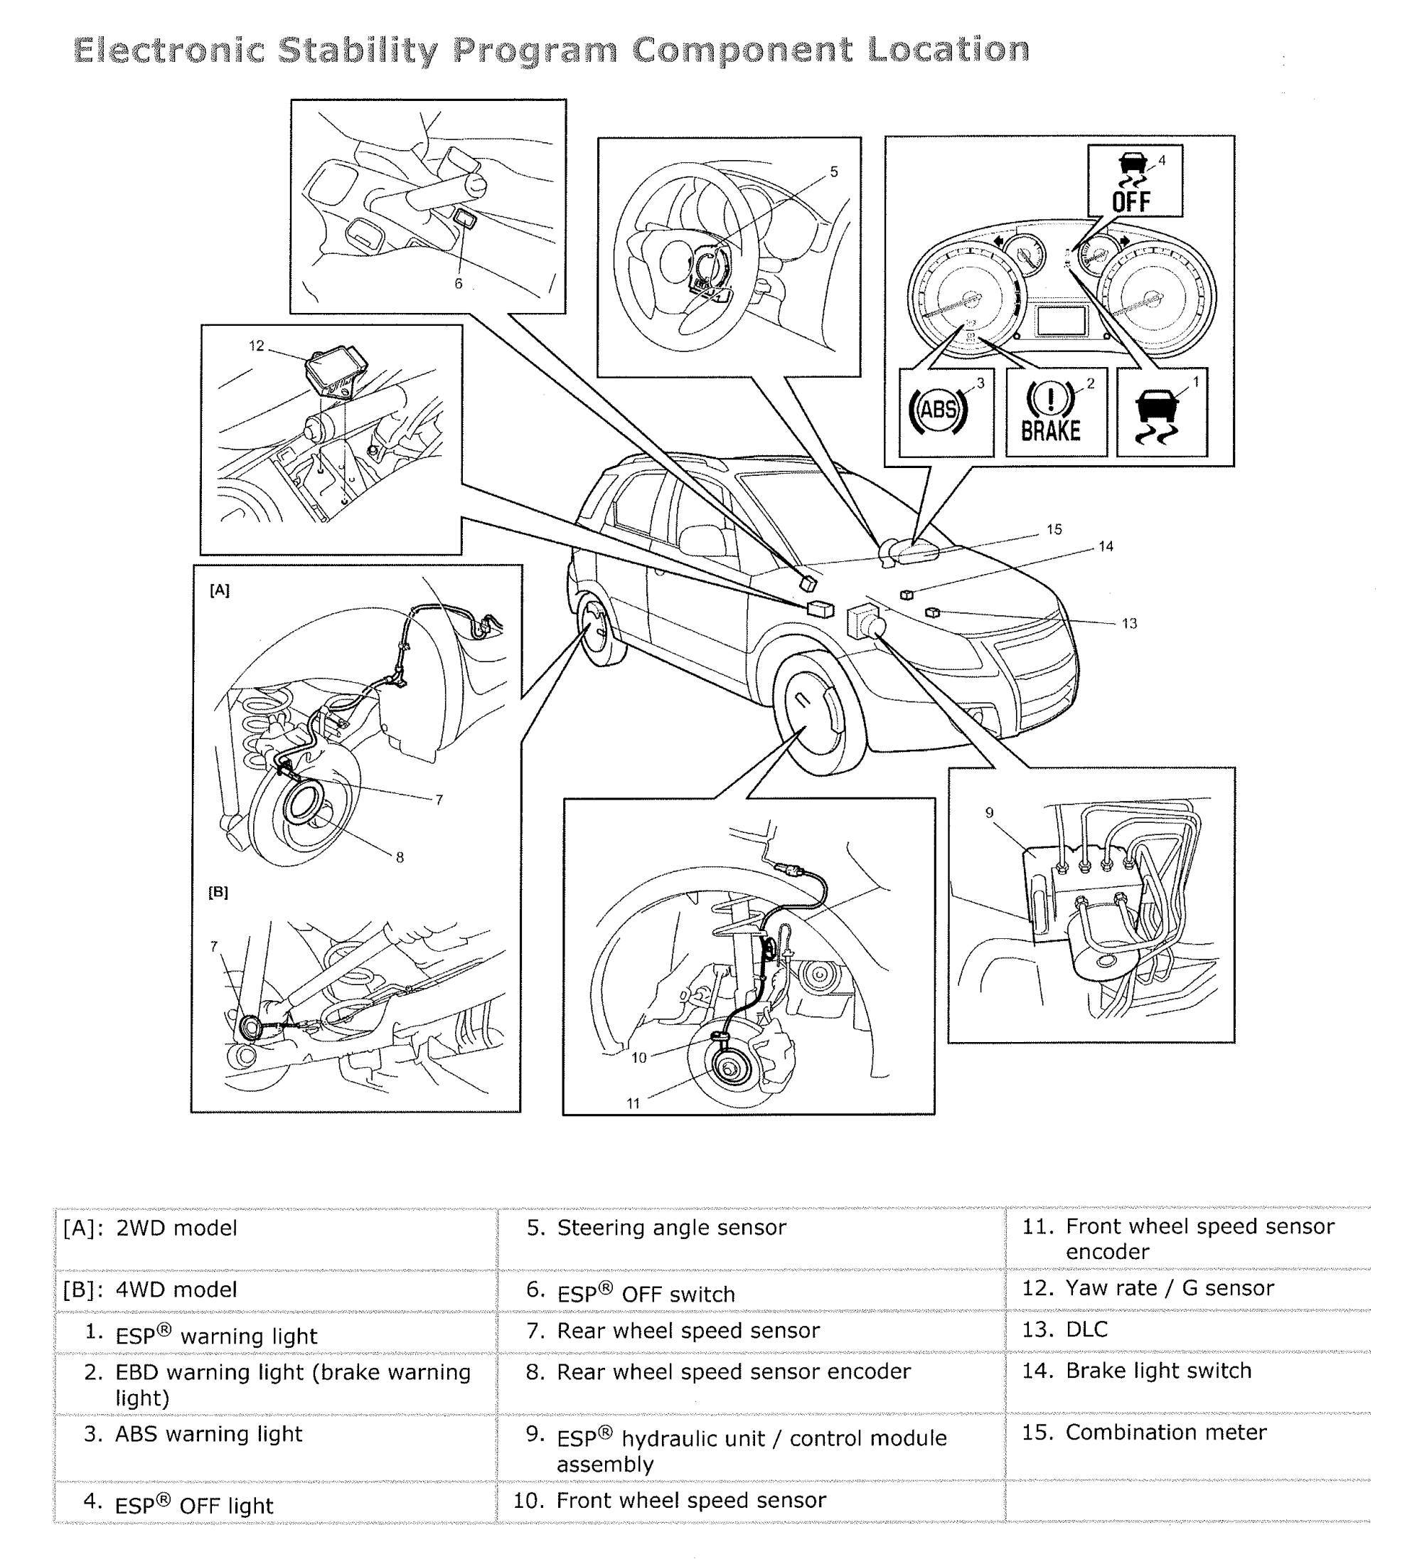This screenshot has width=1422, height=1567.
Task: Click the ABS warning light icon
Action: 938,409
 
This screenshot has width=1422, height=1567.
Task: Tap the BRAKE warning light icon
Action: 1051,412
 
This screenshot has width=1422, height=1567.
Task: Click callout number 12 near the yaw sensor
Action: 257,346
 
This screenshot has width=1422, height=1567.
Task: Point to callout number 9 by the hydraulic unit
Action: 989,813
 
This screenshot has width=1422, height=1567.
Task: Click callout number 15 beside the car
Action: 1054,529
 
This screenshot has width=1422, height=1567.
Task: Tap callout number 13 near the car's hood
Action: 1129,623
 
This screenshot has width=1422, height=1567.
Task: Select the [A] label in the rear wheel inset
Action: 220,590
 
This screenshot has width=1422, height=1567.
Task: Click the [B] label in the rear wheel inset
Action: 218,892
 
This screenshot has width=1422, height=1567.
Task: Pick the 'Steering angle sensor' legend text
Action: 671,1228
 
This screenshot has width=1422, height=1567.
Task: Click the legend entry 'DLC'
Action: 1086,1330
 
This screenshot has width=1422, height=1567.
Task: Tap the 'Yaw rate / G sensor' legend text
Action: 1170,1288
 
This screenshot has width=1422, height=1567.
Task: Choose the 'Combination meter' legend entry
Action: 1165,1433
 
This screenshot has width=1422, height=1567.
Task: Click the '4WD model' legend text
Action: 176,1290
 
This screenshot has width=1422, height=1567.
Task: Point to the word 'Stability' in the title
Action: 358,51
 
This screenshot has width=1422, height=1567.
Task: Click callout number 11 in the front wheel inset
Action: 634,1104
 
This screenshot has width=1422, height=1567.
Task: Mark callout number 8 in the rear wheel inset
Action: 400,857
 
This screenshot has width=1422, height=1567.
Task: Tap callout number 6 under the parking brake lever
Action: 459,284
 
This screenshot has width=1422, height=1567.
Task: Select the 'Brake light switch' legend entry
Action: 1158,1371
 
